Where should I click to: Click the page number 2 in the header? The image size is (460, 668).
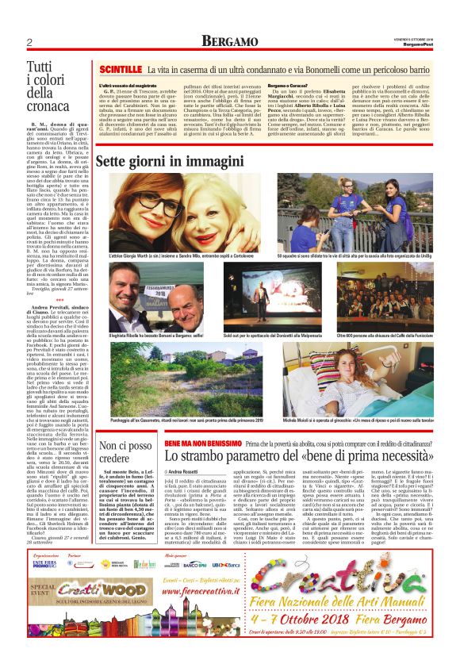click(29, 42)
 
